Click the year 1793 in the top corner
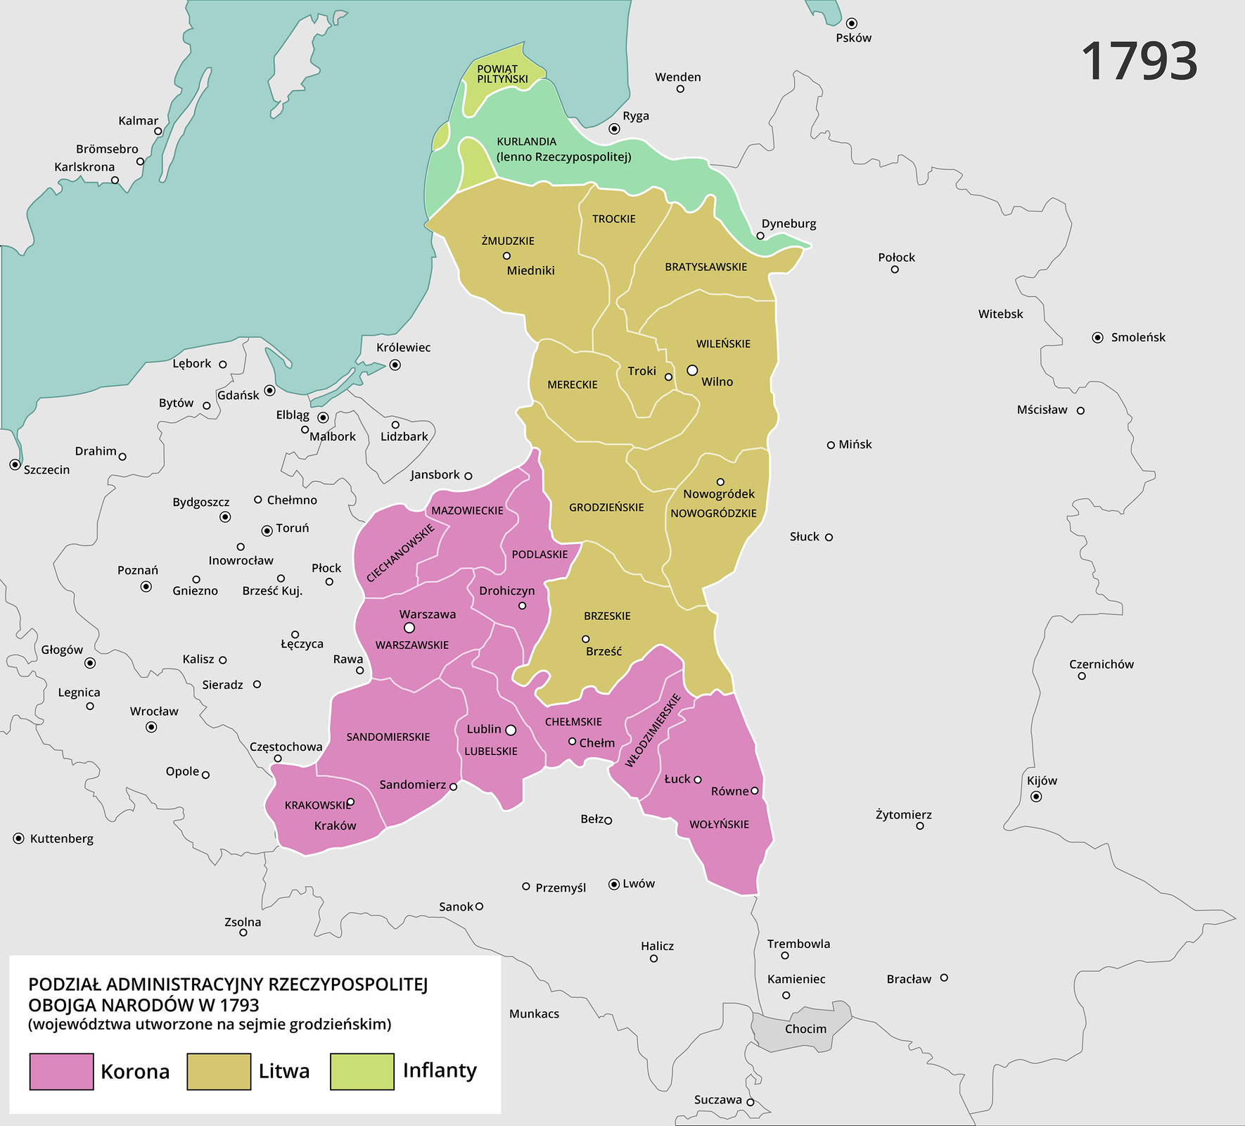(x=1139, y=62)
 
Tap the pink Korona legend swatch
(x=62, y=1071)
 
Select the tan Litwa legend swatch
(x=219, y=1071)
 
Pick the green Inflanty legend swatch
(x=362, y=1071)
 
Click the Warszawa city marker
(x=409, y=628)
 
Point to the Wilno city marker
(x=692, y=370)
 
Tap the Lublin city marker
(x=511, y=730)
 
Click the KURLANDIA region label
(x=527, y=142)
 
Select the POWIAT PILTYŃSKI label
(x=502, y=74)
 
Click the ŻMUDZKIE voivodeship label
(x=508, y=241)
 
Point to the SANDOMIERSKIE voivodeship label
(x=388, y=737)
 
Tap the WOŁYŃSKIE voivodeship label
(x=719, y=824)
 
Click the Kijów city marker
(x=1036, y=797)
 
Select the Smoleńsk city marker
(x=1097, y=338)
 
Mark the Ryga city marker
(x=614, y=129)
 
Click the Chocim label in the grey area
(x=805, y=1029)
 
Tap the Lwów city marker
(x=614, y=884)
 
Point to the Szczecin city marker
(x=15, y=464)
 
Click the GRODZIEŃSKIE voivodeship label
(x=606, y=507)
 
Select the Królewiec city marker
(x=395, y=365)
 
